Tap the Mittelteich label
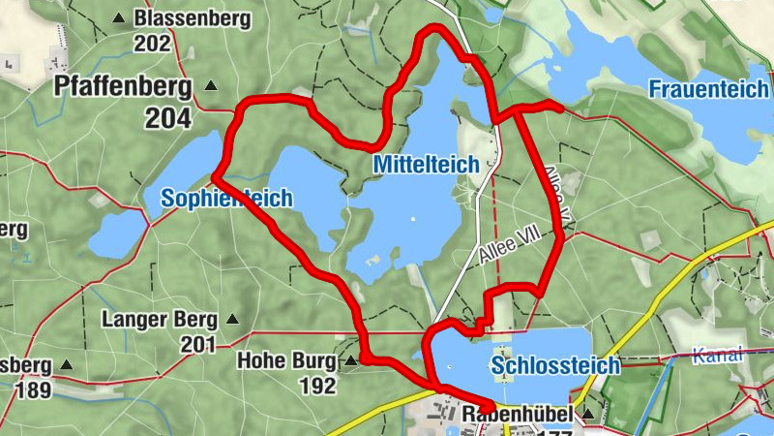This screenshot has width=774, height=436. coord(426,166)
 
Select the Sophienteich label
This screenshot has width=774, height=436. coord(227,199)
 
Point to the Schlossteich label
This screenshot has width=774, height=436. coord(555,366)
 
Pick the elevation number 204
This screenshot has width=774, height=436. coord(169,118)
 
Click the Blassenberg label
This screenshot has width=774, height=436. coord(193,18)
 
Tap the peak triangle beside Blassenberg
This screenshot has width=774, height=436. coord(119,17)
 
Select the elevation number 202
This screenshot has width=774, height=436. coord(153,44)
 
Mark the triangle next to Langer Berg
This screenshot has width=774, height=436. coord(231,318)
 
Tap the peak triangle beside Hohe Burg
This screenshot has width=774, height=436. coord(350,361)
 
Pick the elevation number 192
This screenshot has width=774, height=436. coord(316,387)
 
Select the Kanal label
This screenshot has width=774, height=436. coord(718,355)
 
